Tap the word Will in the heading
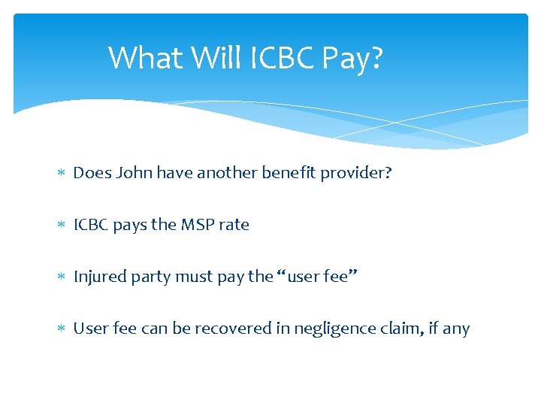click(209, 58)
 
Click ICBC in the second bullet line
click(92, 225)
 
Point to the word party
click(151, 277)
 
